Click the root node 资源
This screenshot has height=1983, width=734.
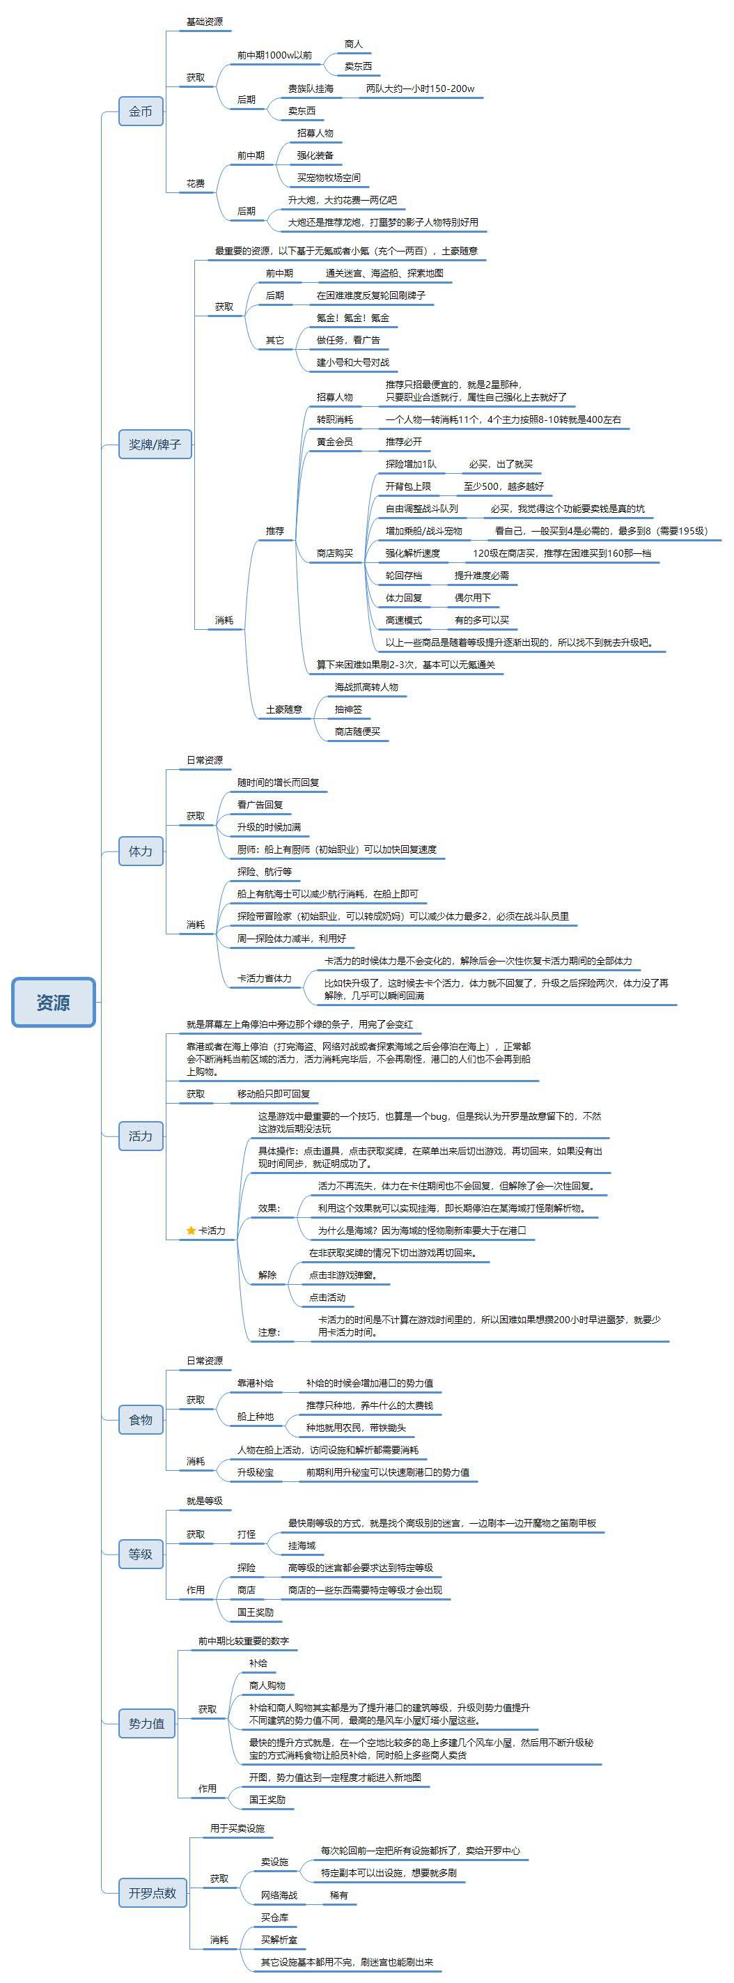tap(53, 1002)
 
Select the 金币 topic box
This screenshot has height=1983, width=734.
tap(141, 111)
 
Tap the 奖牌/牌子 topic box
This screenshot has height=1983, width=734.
tap(155, 444)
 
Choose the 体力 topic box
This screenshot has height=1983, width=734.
tap(141, 851)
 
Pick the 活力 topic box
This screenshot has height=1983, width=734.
tap(141, 1136)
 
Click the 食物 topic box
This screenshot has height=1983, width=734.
tap(141, 1419)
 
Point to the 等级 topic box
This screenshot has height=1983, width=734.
tap(141, 1554)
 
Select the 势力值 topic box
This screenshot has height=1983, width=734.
tap(147, 1724)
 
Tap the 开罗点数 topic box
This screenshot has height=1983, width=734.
tap(153, 1893)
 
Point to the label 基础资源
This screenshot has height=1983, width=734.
tap(205, 22)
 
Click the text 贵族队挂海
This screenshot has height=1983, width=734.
tap(311, 88)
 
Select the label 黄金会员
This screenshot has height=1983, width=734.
tap(335, 442)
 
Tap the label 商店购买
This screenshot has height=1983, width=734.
tap(335, 553)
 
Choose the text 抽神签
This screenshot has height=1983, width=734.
tap(348, 709)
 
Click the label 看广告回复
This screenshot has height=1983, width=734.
tap(260, 805)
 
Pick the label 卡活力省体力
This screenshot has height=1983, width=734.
tap(265, 978)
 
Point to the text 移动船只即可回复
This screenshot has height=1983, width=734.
tap(274, 1094)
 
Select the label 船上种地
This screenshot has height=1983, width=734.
tap(256, 1417)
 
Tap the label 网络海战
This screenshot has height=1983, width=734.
tap(279, 1895)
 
